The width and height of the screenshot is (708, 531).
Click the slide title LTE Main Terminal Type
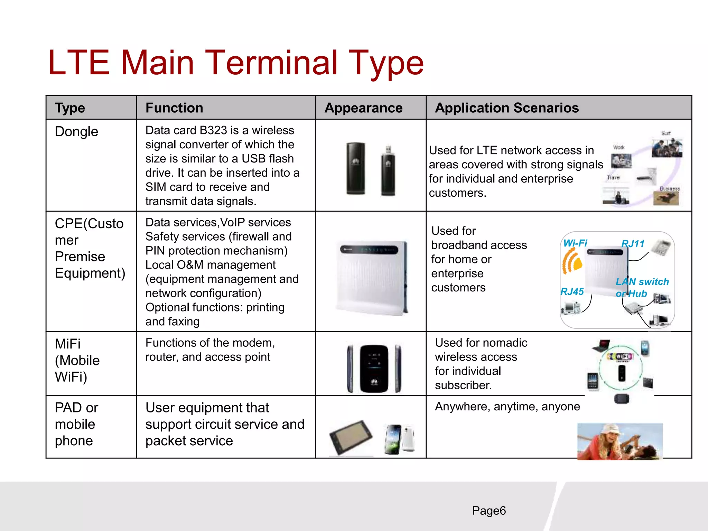click(236, 63)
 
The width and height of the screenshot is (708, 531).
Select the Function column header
click(174, 108)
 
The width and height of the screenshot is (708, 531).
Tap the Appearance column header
click(363, 108)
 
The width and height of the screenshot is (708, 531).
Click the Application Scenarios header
click(507, 108)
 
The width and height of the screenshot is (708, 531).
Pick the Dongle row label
click(76, 132)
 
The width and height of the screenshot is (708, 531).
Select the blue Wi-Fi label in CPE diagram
click(575, 243)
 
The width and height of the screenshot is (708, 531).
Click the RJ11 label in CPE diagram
click(633, 244)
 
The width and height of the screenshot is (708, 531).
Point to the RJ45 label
click(572, 291)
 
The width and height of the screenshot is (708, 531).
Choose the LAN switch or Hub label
click(642, 287)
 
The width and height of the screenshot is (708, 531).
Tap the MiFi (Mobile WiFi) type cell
click(77, 360)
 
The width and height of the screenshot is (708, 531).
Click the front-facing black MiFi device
click(374, 369)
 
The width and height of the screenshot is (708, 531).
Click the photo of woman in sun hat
click(619, 441)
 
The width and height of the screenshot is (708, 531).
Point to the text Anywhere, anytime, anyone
click(507, 407)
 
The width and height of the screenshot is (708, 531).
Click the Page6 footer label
click(488, 511)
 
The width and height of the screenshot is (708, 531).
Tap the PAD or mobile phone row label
click(76, 424)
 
